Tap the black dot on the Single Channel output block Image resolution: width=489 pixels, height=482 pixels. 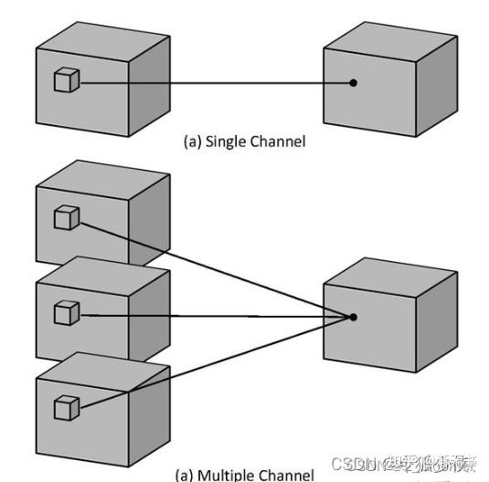click(353, 83)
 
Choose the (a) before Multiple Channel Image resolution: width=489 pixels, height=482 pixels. click(186, 475)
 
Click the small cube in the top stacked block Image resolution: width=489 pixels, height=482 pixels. click(66, 218)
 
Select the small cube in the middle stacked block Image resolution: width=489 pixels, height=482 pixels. click(67, 313)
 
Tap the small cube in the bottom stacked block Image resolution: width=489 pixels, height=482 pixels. click(66, 408)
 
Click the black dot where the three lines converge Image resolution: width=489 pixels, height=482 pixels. click(353, 317)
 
